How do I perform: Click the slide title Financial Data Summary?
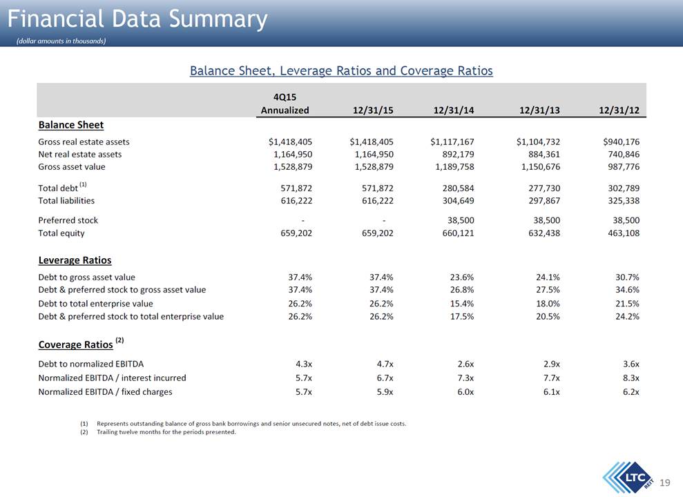click(137, 19)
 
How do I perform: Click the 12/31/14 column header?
click(454, 110)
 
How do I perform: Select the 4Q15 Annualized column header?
click(285, 104)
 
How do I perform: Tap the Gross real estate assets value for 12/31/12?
click(621, 142)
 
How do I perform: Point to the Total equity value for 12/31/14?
click(459, 233)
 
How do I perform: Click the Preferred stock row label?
click(68, 220)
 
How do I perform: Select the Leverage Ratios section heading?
click(75, 260)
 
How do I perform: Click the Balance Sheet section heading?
click(71, 125)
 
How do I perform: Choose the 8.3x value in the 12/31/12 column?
click(631, 378)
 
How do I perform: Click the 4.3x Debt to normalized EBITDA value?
click(304, 364)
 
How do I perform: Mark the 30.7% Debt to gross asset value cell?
click(627, 277)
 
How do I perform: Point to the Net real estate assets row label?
click(80, 154)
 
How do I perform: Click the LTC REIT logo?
click(629, 478)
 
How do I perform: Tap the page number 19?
click(665, 483)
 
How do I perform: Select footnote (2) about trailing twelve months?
click(158, 432)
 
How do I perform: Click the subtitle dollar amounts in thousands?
click(61, 41)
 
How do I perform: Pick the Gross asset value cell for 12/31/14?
click(454, 166)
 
